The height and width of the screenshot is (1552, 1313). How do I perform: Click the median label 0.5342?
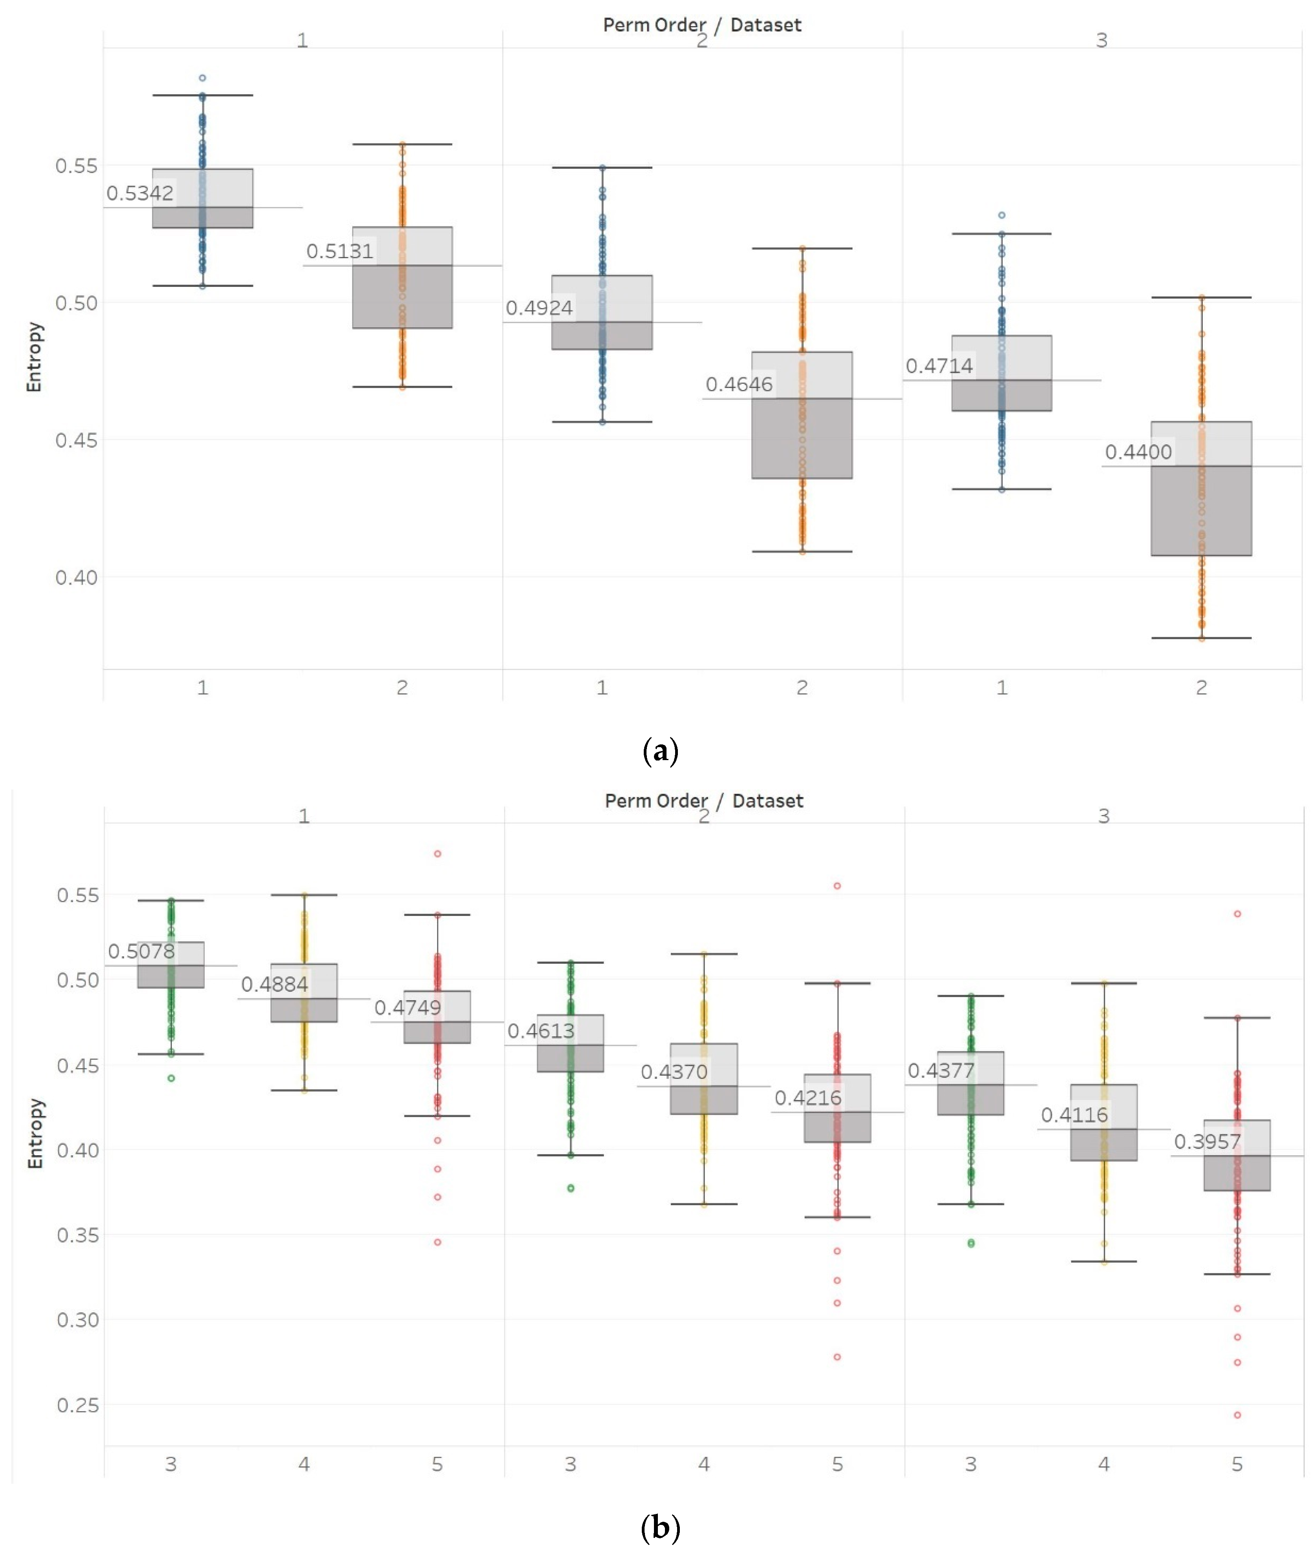pos(140,193)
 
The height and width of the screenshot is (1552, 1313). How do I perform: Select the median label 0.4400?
pos(1138,452)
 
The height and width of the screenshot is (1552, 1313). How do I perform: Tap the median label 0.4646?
pos(739,385)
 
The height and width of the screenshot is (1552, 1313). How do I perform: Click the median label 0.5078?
pos(142,951)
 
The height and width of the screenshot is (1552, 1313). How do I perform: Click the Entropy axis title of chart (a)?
pos(34,357)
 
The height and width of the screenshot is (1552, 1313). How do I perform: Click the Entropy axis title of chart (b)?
pos(35,1133)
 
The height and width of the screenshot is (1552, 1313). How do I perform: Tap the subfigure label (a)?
pos(659,750)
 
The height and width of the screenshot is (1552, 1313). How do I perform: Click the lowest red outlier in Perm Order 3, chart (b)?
pos(1237,1415)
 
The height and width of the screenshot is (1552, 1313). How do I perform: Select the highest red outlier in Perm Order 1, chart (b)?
pos(438,854)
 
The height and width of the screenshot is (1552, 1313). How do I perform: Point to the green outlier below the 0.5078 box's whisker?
pos(171,1078)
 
